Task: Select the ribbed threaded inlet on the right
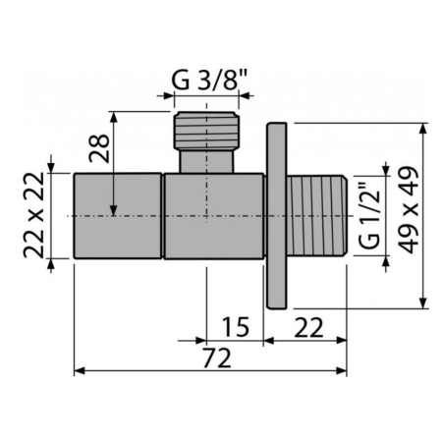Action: pos(318,214)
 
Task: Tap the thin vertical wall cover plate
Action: pos(277,214)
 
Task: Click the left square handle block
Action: pos(118,215)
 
